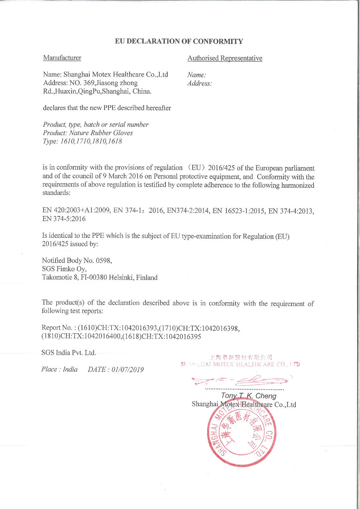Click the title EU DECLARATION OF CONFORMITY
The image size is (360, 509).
(x=179, y=41)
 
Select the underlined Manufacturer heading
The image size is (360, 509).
(x=62, y=58)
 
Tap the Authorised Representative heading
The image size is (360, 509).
(x=225, y=58)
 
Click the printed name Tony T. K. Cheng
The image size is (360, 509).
(x=249, y=396)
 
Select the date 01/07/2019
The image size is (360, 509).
(x=128, y=370)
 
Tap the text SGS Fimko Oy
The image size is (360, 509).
(x=64, y=269)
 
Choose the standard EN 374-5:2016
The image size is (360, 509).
(x=64, y=219)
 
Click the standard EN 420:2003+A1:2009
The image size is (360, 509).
(x=76, y=211)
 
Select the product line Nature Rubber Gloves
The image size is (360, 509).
(x=101, y=133)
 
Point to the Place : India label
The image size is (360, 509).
(x=60, y=370)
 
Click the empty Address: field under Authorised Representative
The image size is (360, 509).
(x=200, y=84)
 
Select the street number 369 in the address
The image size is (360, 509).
(x=89, y=83)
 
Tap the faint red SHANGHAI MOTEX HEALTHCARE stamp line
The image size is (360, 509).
(x=240, y=364)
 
